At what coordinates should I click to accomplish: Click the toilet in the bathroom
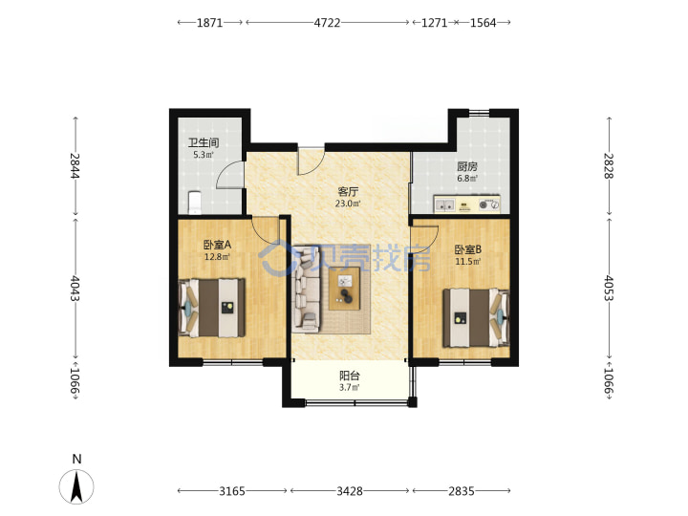point(194,203)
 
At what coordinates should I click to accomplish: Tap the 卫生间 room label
point(204,143)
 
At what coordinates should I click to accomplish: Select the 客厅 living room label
point(348,192)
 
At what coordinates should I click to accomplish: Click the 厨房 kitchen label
point(467,166)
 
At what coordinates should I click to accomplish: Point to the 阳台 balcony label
point(350,376)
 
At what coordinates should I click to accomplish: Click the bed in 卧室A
point(211,308)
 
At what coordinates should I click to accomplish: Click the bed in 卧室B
point(476,317)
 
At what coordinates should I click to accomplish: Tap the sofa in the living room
point(307,288)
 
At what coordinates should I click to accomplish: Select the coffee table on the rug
point(344,289)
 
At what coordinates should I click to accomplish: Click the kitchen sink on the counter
point(444,204)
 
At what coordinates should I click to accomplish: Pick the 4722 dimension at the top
point(327,22)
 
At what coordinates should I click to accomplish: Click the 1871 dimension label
point(209,22)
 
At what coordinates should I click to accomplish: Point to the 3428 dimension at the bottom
point(350,491)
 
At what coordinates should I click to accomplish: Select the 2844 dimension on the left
point(75,165)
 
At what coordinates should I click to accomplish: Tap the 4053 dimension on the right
point(609,288)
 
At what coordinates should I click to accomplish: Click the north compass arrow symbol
point(76,486)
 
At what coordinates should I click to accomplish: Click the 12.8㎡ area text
point(217,257)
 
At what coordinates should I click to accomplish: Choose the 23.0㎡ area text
point(348,204)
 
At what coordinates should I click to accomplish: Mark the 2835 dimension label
point(462,491)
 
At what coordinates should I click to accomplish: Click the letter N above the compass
point(76,460)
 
